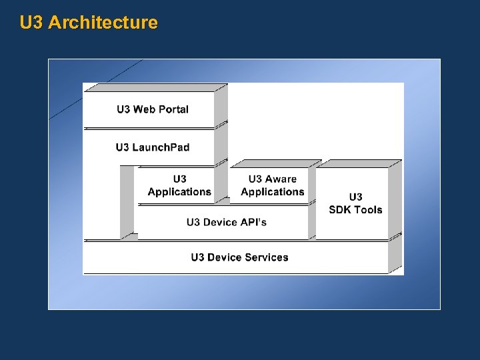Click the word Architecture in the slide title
tap(103, 23)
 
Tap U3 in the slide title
tap(32, 23)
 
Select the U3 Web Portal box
tap(149, 109)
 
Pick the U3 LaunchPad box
tap(149, 147)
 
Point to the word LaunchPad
tap(161, 147)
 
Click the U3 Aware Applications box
tap(269, 185)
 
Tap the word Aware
tap(281, 179)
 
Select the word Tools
tap(368, 210)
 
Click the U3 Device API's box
tap(223, 223)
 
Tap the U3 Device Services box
tap(237, 257)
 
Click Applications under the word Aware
tap(273, 192)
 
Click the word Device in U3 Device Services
tap(225, 257)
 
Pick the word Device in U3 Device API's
tap(221, 222)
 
